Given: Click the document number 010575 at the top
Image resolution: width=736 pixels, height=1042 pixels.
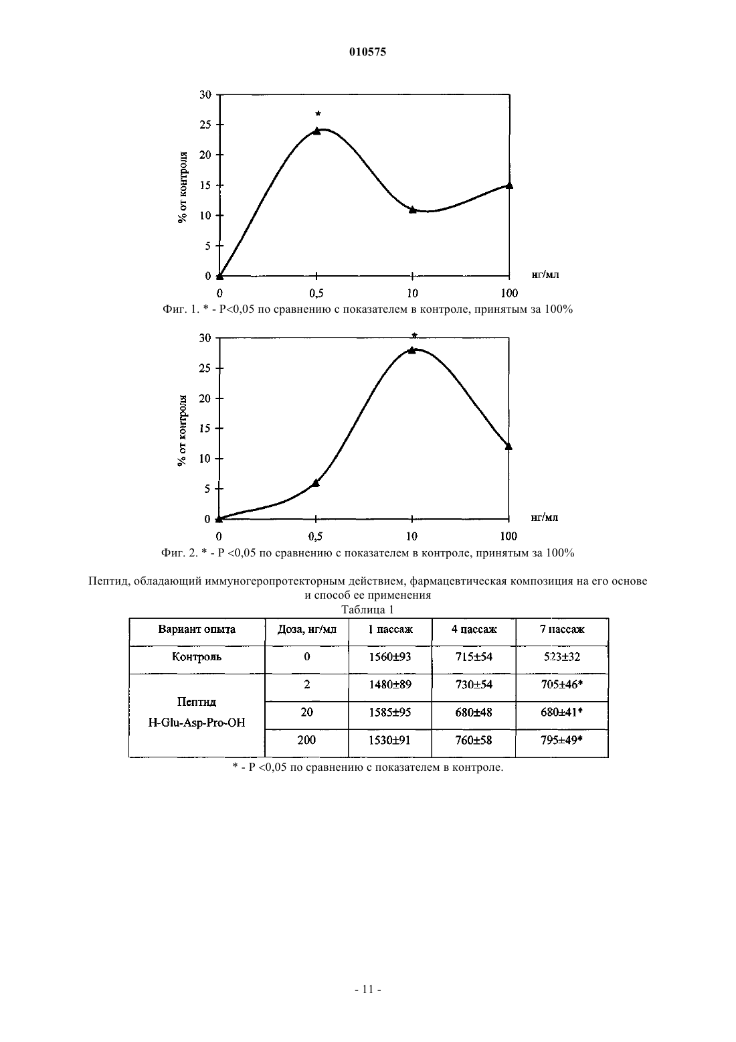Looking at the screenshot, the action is point(367,52).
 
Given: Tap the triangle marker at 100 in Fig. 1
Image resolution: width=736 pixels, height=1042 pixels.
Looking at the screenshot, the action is point(509,185).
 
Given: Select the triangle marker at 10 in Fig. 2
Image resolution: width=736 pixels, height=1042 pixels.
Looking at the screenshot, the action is point(411,350).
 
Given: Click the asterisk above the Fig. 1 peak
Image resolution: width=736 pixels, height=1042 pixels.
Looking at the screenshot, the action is point(318,113).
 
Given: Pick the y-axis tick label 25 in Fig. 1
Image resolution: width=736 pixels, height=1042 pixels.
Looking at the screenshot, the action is point(205,125).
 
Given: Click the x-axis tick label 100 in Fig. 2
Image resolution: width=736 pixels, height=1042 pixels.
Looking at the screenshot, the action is point(509,536).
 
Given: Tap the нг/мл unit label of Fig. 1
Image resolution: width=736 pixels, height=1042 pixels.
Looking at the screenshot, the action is point(545,275).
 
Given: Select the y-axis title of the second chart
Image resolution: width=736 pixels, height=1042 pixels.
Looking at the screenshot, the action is point(183,431).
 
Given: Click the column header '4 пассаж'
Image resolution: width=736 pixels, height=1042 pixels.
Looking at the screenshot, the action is point(474,629).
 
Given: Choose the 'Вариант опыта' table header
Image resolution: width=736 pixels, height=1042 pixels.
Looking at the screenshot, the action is point(197,629).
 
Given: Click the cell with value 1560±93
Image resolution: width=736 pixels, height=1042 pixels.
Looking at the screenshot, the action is point(390,657).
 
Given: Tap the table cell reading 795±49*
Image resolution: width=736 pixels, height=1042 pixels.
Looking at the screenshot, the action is point(562,740).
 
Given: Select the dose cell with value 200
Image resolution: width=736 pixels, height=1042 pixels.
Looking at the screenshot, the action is point(306,740).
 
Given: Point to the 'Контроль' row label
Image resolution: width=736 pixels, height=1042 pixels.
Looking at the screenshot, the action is point(197,657).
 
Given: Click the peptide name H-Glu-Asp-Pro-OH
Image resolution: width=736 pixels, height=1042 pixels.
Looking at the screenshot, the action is point(197,723).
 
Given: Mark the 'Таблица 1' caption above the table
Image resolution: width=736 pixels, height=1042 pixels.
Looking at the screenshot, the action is point(367,609).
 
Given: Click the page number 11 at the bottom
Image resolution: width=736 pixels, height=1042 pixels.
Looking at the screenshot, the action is point(367,989).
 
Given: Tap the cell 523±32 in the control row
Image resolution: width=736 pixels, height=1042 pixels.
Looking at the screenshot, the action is point(562,657).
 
